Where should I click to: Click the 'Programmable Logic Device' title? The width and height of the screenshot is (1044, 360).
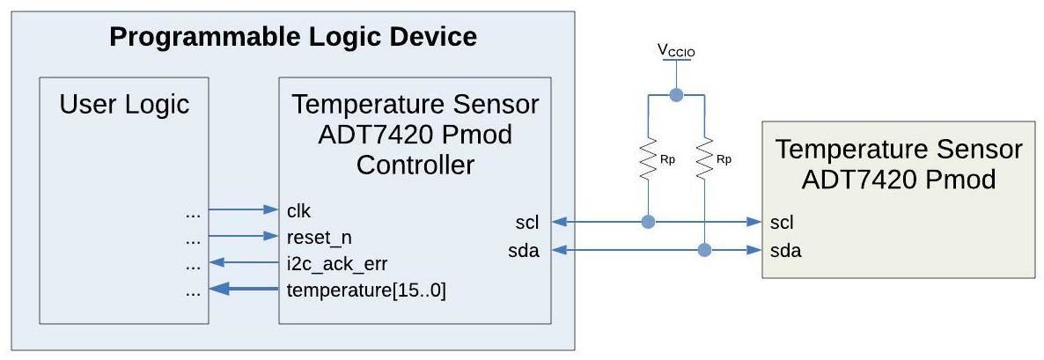pyautogui.click(x=292, y=37)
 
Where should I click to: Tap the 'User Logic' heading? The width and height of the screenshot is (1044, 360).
pyautogui.click(x=124, y=105)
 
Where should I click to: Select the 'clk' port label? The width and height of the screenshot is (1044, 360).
pyautogui.click(x=298, y=210)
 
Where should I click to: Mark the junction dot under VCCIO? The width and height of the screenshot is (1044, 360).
pyautogui.click(x=676, y=95)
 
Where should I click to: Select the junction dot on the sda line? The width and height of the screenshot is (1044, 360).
pyautogui.click(x=704, y=251)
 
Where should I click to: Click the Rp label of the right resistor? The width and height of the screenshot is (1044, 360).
pyautogui.click(x=724, y=161)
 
